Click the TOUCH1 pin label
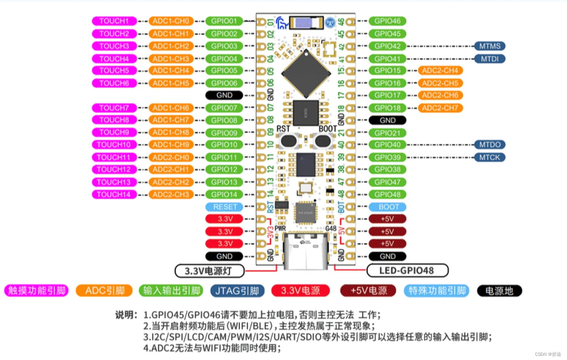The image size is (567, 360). (114, 21)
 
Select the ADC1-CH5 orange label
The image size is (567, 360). (171, 83)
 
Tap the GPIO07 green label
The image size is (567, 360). (224, 108)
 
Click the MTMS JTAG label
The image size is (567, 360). (489, 46)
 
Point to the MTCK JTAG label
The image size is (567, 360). (489, 157)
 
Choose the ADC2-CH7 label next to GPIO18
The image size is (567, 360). (440, 108)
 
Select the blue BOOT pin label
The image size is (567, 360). (387, 207)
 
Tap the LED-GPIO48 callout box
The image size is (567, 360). (407, 270)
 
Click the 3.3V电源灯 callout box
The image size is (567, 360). (210, 271)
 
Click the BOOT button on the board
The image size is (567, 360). (322, 141)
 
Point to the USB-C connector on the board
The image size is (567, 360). (306, 252)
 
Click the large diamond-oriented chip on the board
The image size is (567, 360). (306, 73)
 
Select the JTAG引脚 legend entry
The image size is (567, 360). (237, 291)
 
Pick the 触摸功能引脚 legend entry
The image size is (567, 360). (37, 291)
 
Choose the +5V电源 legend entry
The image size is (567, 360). (368, 291)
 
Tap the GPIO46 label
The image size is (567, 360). (387, 21)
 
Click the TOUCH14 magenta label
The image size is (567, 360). (114, 194)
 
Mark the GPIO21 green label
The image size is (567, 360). (387, 133)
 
